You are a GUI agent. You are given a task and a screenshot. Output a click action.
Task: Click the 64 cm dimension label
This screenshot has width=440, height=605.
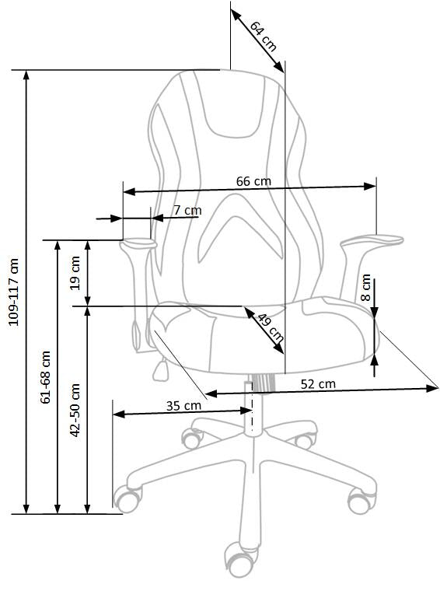[264, 35]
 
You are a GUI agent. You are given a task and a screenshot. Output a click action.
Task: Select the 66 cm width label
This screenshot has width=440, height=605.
[253, 181]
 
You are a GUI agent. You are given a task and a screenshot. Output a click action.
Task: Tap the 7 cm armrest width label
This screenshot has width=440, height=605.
[187, 210]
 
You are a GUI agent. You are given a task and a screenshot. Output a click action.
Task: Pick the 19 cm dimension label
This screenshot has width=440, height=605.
[75, 272]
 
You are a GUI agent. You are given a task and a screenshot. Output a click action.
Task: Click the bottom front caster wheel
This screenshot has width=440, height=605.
[240, 558]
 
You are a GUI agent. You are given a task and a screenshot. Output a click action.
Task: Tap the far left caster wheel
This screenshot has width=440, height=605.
[127, 498]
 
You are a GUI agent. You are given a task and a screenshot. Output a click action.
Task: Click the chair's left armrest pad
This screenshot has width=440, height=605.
[139, 244]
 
